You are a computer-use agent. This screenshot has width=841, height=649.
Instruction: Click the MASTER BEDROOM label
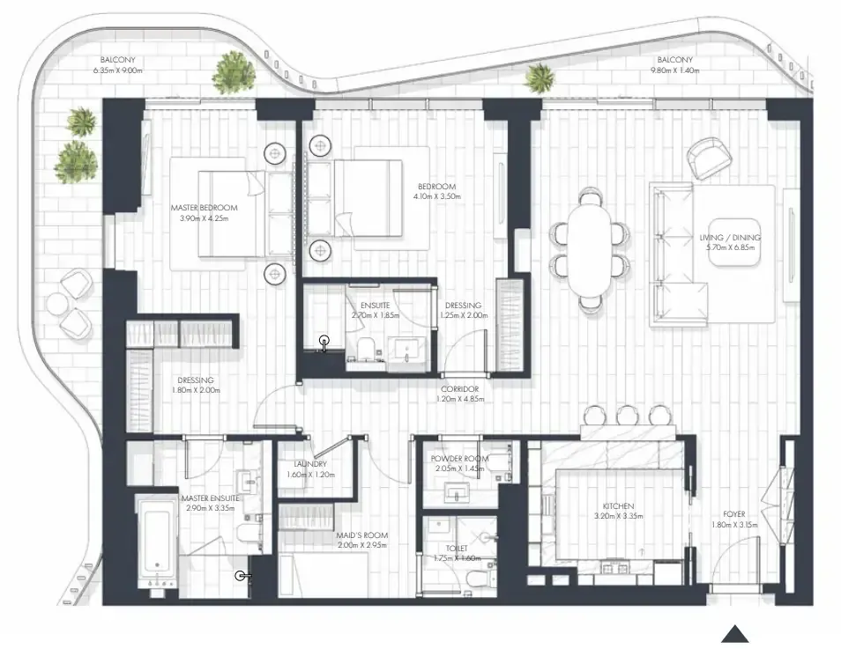click(204, 208)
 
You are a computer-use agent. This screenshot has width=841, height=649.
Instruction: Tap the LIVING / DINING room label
click(729, 238)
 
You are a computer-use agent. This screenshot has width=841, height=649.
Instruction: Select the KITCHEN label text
click(618, 506)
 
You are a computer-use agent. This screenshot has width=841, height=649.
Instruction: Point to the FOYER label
click(733, 514)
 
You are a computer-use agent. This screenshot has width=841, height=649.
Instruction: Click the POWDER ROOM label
click(459, 459)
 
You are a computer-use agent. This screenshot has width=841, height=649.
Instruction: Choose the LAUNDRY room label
click(310, 464)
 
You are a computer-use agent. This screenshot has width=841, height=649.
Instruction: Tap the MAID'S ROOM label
click(362, 535)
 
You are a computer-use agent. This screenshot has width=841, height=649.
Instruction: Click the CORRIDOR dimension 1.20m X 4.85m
click(459, 399)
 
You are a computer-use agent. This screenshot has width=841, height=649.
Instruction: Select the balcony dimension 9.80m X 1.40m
click(674, 70)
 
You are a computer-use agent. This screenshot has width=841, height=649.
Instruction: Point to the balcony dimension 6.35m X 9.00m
click(117, 70)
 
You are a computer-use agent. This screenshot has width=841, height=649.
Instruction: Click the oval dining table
click(590, 249)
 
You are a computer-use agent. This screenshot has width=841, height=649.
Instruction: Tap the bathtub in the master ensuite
click(157, 542)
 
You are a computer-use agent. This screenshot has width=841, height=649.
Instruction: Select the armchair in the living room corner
click(710, 157)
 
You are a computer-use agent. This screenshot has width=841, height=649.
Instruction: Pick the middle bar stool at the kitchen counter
click(626, 416)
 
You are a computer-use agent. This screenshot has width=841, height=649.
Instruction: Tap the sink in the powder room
click(457, 492)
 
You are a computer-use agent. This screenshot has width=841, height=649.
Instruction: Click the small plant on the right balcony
click(539, 78)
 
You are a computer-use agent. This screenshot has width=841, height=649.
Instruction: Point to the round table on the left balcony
click(59, 305)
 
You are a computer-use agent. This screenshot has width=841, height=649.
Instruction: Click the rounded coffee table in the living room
click(734, 242)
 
